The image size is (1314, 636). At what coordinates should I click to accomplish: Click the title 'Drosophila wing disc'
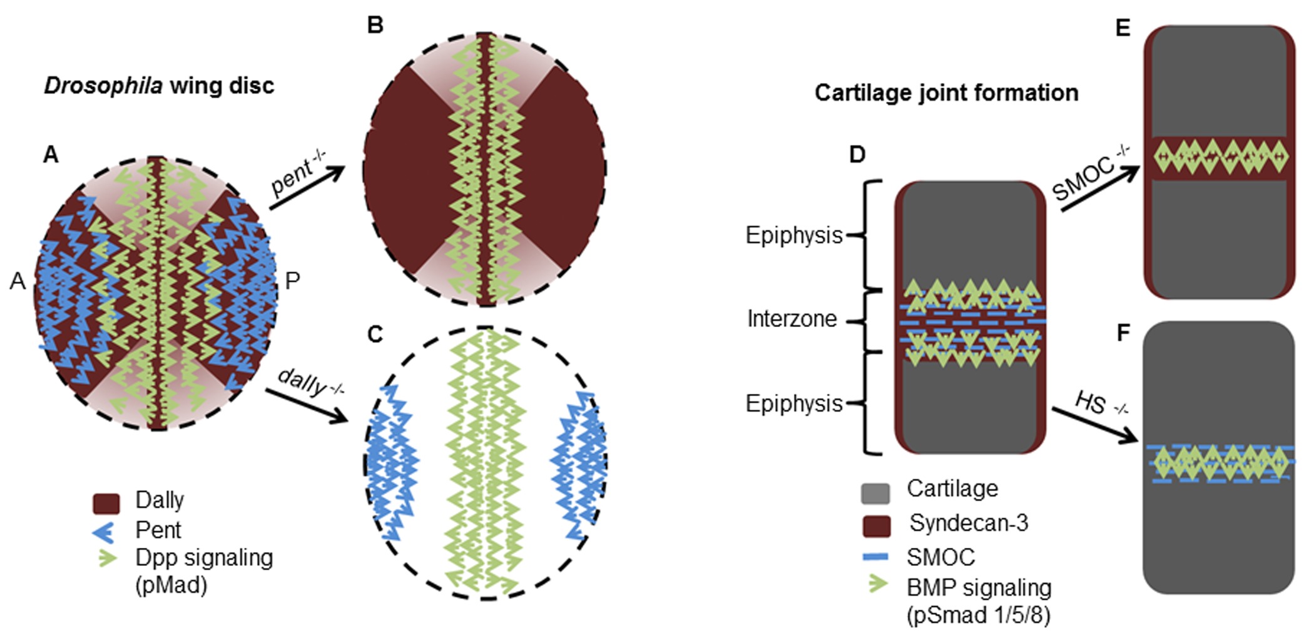click(x=159, y=86)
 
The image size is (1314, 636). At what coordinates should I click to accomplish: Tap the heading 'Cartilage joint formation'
click(x=946, y=93)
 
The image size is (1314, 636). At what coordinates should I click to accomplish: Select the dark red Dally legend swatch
click(x=106, y=503)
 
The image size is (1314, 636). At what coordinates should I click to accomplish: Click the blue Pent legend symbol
click(x=103, y=532)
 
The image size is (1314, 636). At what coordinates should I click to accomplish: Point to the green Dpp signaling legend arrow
click(x=108, y=557)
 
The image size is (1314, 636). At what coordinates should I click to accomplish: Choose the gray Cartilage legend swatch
click(x=875, y=493)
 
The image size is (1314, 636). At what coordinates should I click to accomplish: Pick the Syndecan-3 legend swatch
click(x=876, y=526)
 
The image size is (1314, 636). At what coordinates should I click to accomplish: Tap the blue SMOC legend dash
click(x=875, y=556)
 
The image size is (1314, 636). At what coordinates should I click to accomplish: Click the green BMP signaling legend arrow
click(x=878, y=585)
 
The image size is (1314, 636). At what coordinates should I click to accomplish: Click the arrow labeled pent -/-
click(x=307, y=187)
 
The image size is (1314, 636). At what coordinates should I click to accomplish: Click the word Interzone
click(x=792, y=319)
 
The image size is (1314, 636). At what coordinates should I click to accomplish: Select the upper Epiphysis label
click(x=793, y=236)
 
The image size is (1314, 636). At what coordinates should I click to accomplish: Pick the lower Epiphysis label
click(x=793, y=403)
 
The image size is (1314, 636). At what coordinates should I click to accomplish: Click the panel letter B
click(x=375, y=25)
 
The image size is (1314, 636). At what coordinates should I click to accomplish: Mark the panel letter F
click(x=1123, y=333)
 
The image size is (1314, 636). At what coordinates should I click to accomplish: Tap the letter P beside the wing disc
click(x=292, y=281)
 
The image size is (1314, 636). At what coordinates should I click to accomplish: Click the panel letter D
click(x=857, y=154)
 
